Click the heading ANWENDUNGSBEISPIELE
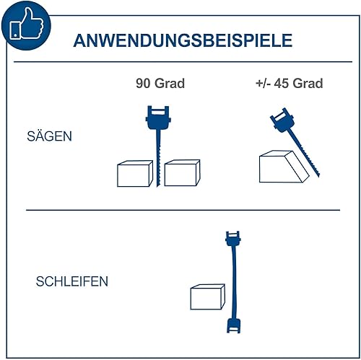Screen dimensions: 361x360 (183, 40)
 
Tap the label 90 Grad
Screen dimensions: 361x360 (160, 83)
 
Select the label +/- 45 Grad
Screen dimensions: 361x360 (289, 83)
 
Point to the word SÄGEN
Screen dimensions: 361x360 (49, 136)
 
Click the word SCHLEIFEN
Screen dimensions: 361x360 (72, 281)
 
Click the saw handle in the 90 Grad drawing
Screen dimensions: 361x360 (158, 118)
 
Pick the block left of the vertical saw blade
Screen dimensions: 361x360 (135, 173)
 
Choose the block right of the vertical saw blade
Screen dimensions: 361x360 (182, 173)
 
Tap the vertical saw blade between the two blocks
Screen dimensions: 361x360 (158, 158)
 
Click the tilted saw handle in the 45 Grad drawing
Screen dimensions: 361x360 (282, 120)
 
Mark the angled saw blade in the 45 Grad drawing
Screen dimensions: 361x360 (303, 153)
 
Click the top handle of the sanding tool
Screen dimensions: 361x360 (232, 239)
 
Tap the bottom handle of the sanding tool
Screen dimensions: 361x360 (233, 325)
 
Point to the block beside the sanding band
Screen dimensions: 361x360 (208, 297)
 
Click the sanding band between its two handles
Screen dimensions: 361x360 (233, 282)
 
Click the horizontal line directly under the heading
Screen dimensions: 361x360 (183, 62)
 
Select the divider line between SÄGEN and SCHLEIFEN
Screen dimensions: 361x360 (183, 210)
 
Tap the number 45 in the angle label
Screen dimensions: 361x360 (282, 83)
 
